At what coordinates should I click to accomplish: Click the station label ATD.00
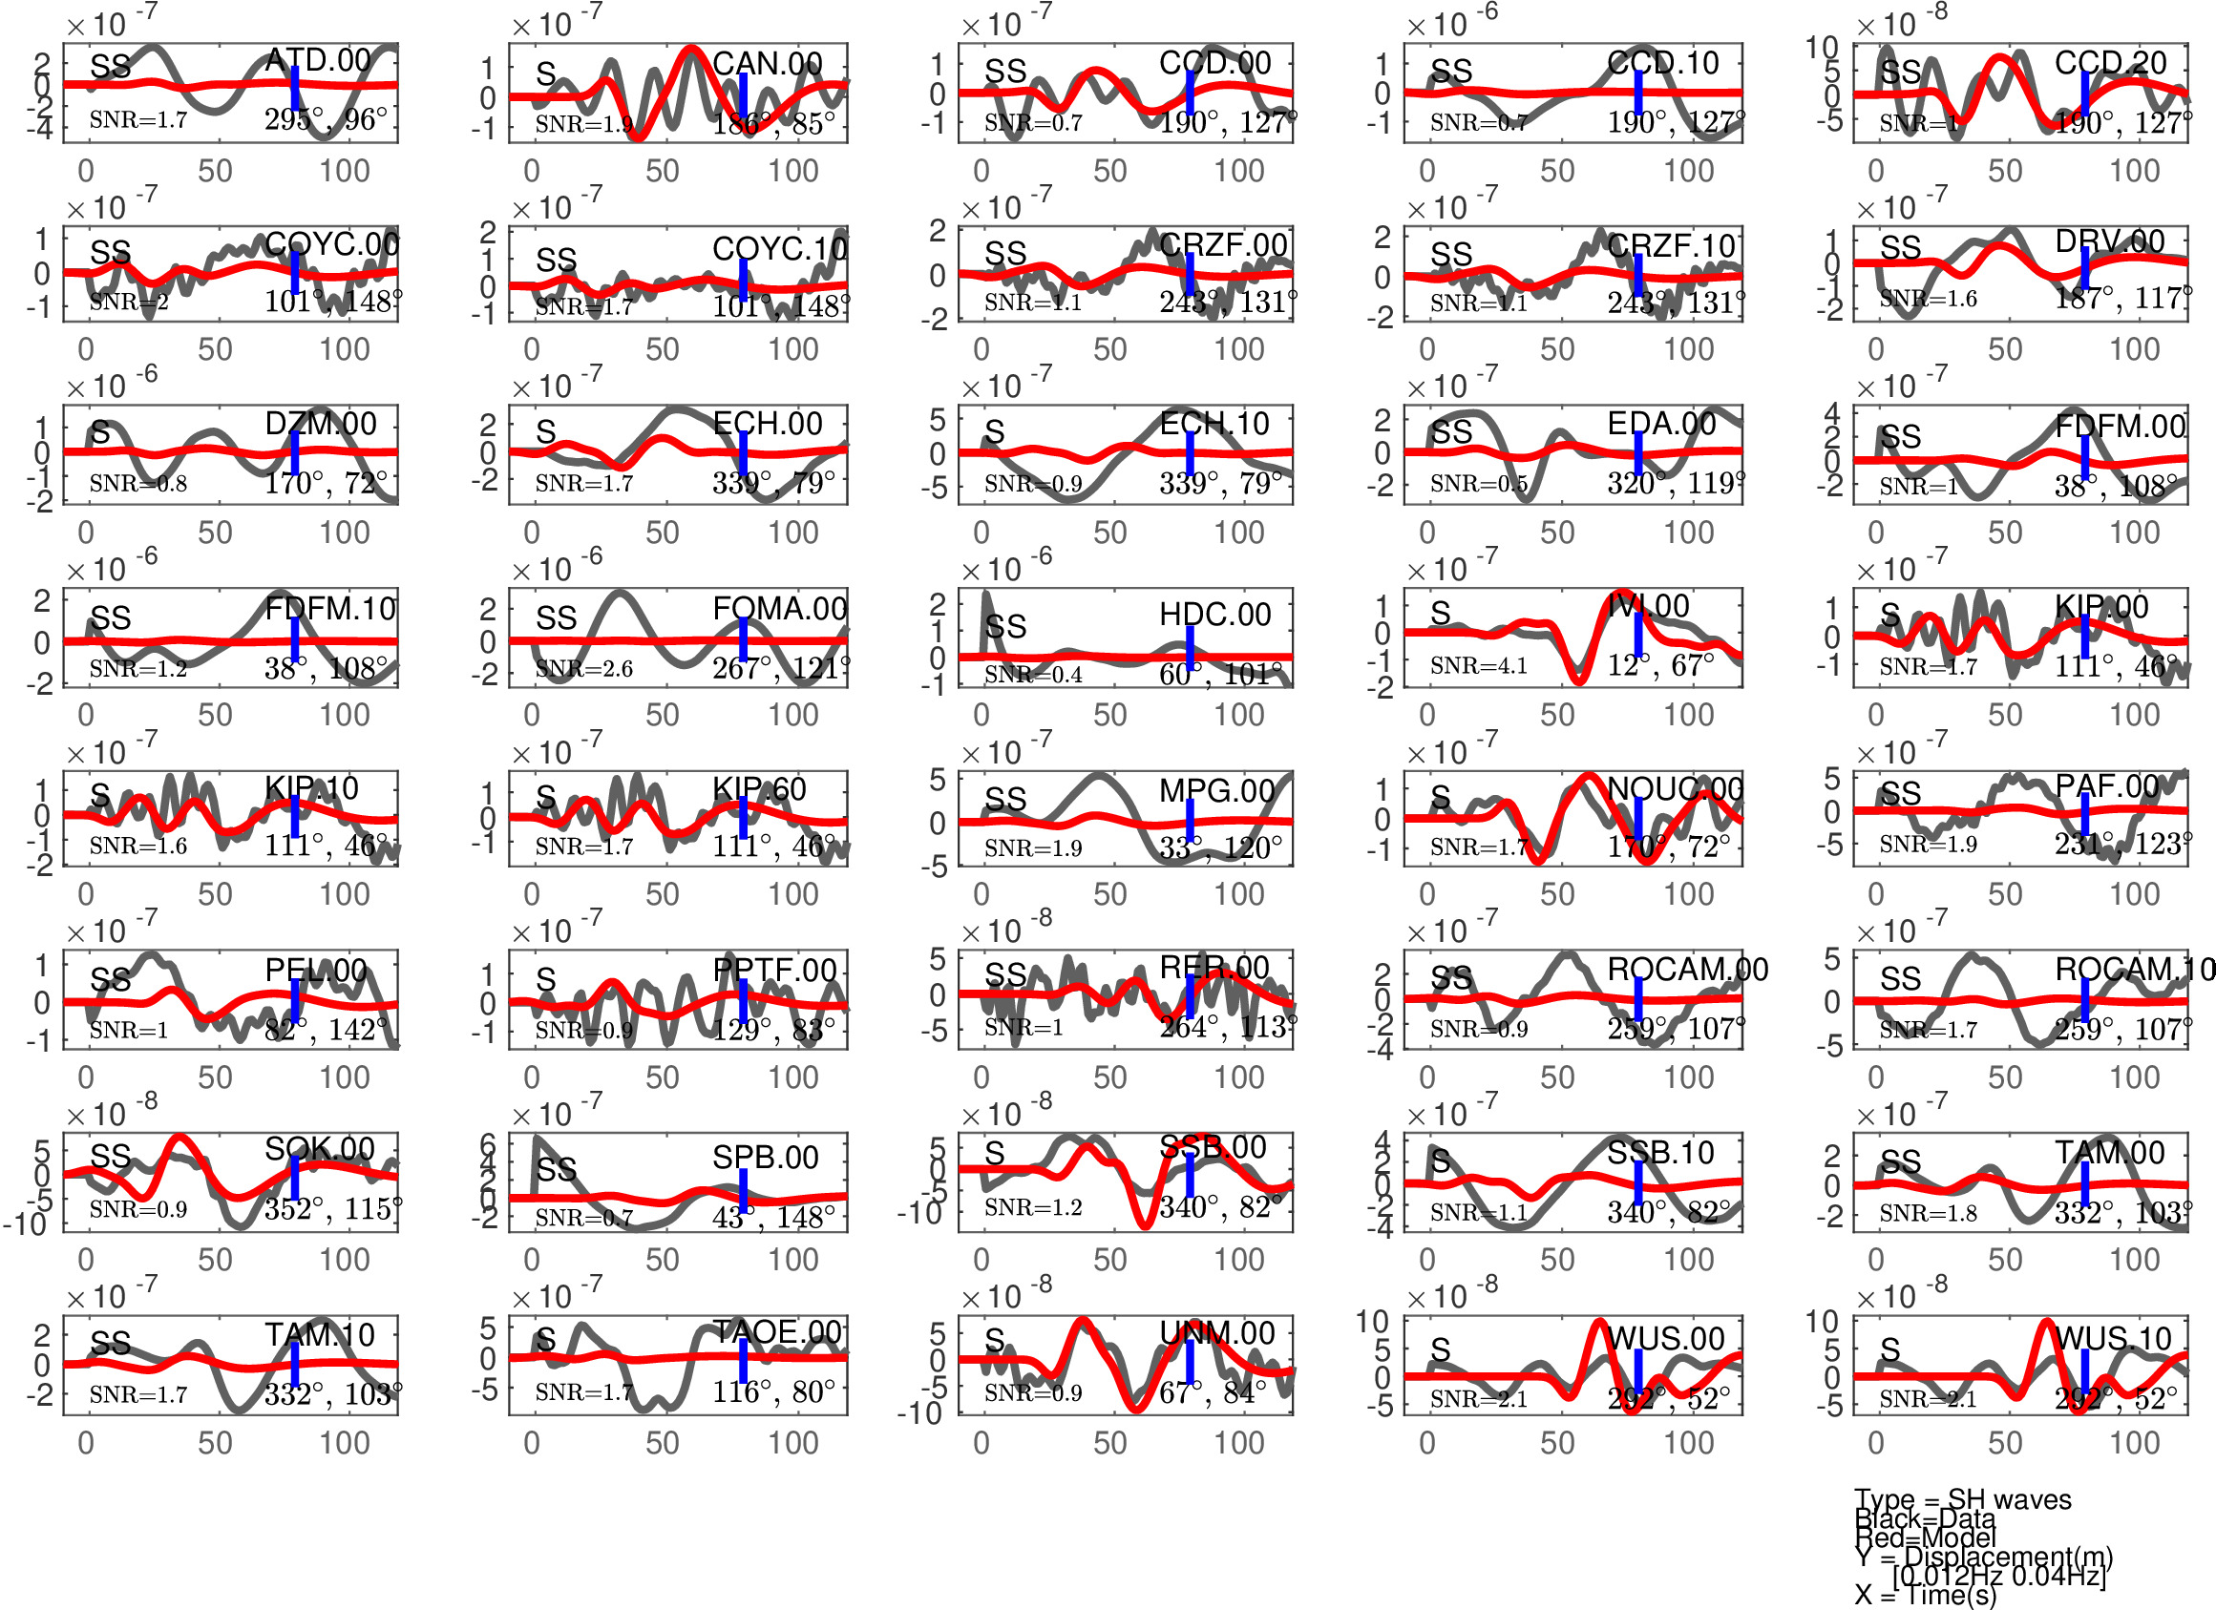pyautogui.click(x=318, y=60)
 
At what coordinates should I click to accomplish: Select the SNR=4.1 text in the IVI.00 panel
pyautogui.click(x=1478, y=665)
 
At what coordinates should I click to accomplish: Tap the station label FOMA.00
pyautogui.click(x=779, y=609)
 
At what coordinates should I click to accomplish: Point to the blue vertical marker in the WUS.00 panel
pyautogui.click(x=1638, y=1377)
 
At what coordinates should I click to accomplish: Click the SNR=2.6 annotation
pyautogui.click(x=583, y=669)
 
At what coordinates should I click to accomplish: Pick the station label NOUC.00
pyautogui.click(x=1675, y=788)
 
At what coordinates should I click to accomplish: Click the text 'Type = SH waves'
pyautogui.click(x=1962, y=1499)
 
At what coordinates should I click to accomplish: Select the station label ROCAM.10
pyautogui.click(x=2134, y=969)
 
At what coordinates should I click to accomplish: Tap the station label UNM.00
pyautogui.click(x=1216, y=1333)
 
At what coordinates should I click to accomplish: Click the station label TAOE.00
pyautogui.click(x=777, y=1332)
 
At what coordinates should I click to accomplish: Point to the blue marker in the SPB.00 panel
pyautogui.click(x=744, y=1190)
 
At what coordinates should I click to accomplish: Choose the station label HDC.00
pyautogui.click(x=1214, y=615)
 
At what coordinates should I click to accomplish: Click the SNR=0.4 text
pyautogui.click(x=1032, y=675)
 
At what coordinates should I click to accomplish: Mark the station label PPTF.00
pyautogui.click(x=774, y=970)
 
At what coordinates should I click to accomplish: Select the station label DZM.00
pyautogui.click(x=321, y=424)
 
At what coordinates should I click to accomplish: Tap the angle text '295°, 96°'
pyautogui.click(x=326, y=120)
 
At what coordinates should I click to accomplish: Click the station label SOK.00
pyautogui.click(x=320, y=1149)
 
